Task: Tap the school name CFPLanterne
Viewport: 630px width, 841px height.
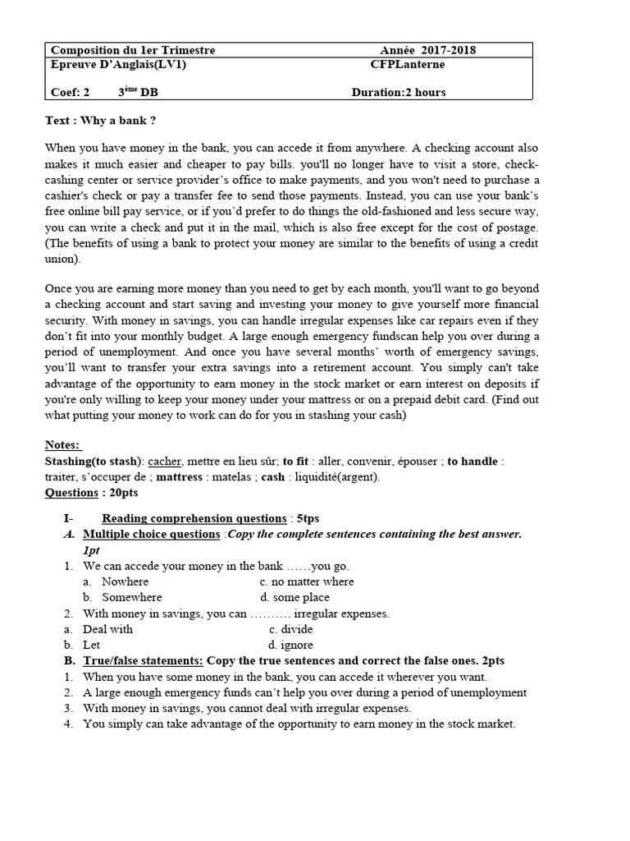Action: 408,65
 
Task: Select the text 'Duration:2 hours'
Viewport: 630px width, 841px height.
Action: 399,92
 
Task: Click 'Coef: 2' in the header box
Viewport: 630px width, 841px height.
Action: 70,92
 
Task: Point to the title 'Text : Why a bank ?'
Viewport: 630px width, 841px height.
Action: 100,121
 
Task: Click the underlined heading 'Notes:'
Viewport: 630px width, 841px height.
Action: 62,444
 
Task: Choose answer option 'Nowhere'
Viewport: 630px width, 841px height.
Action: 125,581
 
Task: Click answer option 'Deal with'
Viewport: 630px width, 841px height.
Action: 107,629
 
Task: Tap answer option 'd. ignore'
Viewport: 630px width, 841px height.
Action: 290,645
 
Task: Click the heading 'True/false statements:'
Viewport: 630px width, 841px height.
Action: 143,660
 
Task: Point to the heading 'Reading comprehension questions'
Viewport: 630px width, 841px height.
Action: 194,518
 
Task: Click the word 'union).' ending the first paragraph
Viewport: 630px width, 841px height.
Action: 64,259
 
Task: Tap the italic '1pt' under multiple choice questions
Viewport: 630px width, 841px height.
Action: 91,550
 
